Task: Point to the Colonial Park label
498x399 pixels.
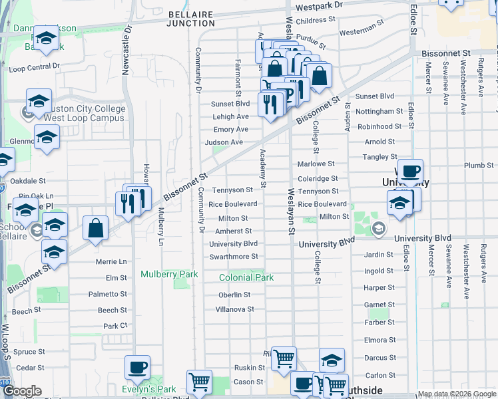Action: pos(247,277)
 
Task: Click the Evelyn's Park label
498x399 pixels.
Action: pos(148,389)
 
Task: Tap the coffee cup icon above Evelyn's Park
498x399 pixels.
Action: pos(138,367)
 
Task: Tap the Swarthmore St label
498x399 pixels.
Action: pos(233,257)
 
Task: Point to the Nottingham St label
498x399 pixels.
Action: pos(379,112)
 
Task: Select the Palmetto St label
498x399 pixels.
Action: pos(107,294)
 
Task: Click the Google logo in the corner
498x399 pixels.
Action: pos(22,391)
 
